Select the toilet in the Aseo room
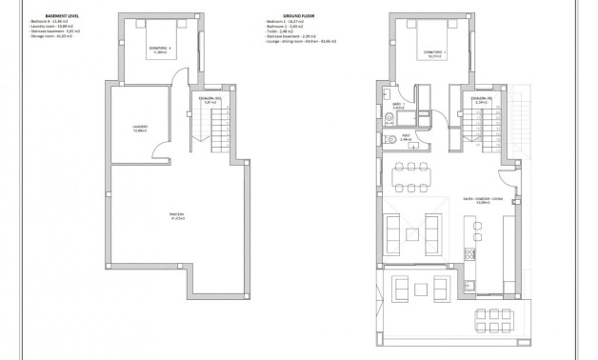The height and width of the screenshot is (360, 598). coord(392,139)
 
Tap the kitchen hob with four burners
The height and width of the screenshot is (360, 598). coord(468,255)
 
